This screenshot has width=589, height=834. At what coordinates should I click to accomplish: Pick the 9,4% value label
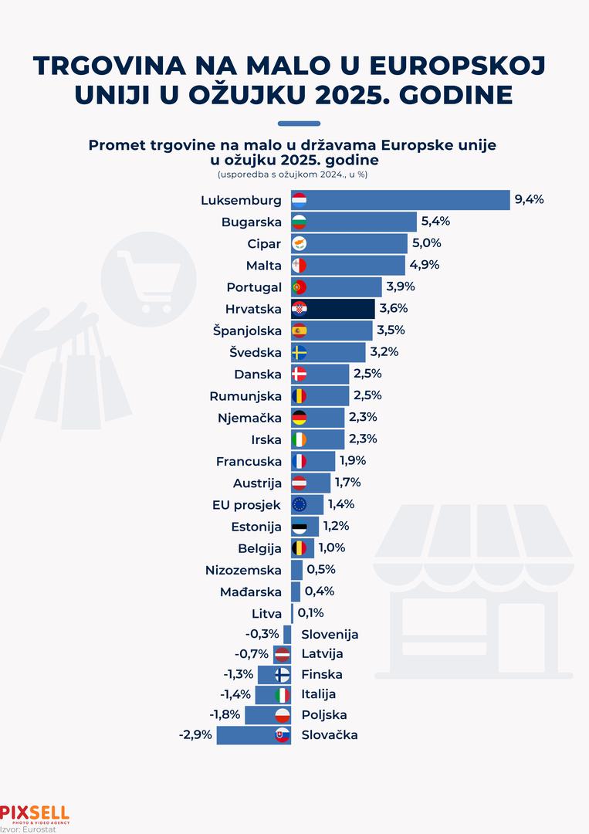[x=530, y=199]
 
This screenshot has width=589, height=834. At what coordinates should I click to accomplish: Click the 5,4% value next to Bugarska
[x=435, y=221]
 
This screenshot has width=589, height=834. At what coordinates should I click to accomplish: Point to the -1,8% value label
[x=225, y=714]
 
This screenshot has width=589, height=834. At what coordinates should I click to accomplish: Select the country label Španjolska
[x=247, y=331]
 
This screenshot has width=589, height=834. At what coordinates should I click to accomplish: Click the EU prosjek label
[x=246, y=505]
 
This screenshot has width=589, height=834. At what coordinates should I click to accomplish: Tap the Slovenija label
[x=330, y=635]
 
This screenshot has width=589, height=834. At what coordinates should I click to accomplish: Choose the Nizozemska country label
[x=243, y=571]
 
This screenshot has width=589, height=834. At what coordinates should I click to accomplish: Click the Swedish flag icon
[x=300, y=353]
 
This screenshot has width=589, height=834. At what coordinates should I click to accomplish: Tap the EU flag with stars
[x=300, y=505]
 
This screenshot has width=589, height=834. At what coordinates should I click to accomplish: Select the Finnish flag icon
[x=283, y=674]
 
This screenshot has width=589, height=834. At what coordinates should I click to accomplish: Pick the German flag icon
[x=300, y=418]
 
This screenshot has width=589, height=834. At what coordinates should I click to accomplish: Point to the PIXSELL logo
[x=35, y=814]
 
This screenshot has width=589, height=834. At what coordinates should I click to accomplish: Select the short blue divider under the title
[x=298, y=123]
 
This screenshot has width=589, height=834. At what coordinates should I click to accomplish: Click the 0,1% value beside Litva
[x=310, y=613]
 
